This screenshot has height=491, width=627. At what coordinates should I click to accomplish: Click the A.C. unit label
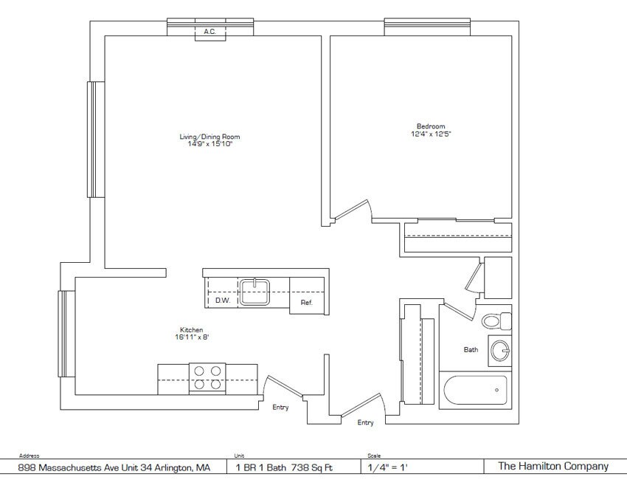click(210, 32)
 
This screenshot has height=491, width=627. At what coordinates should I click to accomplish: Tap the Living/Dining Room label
click(209, 137)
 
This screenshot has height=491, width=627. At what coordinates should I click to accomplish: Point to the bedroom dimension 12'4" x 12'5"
click(431, 134)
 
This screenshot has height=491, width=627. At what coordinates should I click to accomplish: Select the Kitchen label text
click(192, 330)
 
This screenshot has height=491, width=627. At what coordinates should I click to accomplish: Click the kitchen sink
click(254, 292)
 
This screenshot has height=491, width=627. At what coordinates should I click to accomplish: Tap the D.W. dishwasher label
click(223, 300)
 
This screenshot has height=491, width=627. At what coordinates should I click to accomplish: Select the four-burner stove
click(207, 379)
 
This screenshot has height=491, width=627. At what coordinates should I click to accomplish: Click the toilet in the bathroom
click(496, 320)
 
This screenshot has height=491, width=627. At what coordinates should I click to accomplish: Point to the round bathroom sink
click(500, 351)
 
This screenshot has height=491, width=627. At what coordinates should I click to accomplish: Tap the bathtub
click(476, 390)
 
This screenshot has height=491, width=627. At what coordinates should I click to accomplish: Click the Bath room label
click(471, 349)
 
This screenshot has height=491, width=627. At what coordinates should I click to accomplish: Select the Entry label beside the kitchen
click(280, 407)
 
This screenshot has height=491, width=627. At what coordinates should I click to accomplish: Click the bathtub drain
click(496, 390)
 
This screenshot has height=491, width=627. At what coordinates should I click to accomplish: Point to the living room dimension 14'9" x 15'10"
click(210, 144)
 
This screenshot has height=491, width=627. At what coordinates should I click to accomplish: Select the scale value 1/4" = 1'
click(387, 467)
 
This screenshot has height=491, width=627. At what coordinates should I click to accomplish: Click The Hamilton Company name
click(553, 466)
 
